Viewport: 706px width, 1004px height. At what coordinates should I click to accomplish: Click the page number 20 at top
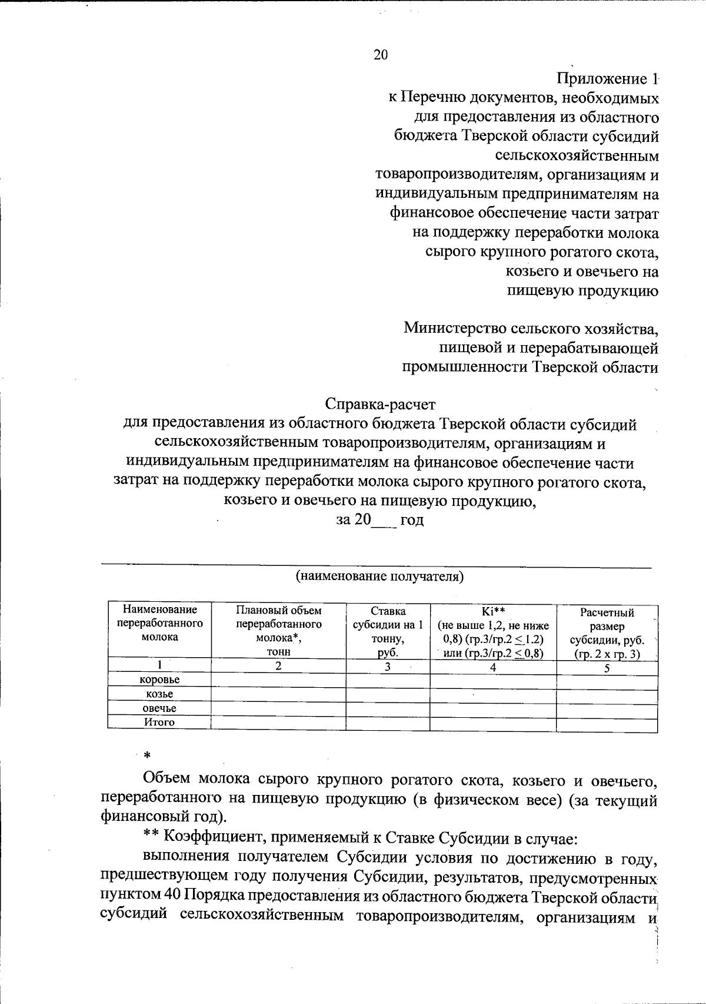[380, 55]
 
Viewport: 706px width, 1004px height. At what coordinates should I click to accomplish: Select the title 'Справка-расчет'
[380, 405]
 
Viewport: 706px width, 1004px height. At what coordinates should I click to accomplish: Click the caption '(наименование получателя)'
[379, 576]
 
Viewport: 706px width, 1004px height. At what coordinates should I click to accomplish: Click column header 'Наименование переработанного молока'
[160, 624]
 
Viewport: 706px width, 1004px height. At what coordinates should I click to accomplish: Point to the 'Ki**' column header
[493, 611]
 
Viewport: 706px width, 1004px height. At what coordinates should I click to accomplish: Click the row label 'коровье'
[159, 680]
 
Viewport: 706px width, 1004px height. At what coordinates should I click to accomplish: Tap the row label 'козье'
[159, 694]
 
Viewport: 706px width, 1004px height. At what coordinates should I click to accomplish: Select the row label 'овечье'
[159, 708]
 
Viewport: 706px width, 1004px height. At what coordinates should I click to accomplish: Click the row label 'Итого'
[159, 723]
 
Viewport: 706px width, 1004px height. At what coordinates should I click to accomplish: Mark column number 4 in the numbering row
[493, 667]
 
